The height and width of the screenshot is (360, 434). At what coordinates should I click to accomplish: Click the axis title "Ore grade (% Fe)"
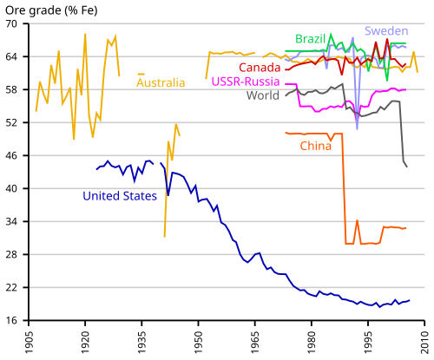coord(51,10)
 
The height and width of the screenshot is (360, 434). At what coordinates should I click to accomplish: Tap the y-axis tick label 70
coord(11,23)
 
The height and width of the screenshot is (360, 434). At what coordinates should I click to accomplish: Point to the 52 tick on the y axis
coord(11,122)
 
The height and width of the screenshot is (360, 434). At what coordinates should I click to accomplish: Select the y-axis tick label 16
coord(11,320)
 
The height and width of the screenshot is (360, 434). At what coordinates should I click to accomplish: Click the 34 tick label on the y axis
coord(11,221)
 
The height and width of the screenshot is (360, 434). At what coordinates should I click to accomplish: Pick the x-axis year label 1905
coord(30,343)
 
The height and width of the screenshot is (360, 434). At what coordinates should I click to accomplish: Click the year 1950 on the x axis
coord(199,343)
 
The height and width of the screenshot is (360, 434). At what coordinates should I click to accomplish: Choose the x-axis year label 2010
coord(424,343)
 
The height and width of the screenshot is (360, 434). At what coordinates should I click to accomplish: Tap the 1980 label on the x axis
coord(312,343)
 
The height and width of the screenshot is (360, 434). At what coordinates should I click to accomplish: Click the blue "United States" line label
coord(120,196)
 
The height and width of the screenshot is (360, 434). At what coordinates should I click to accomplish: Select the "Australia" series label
coord(161,82)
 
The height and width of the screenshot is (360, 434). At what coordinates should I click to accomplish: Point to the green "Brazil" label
coord(311,39)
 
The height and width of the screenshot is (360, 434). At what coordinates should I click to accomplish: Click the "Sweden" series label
coord(386,31)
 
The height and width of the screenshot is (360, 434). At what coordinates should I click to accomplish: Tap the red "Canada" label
coord(260,68)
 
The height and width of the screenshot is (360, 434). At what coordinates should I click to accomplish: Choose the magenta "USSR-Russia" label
coord(246,82)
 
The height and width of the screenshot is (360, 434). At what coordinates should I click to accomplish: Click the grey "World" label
coord(263,95)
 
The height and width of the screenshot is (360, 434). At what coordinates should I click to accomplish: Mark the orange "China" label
coord(316,146)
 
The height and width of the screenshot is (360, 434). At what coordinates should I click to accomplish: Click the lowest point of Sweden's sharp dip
coord(358,128)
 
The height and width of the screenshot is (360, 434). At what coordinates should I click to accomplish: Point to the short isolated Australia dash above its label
coord(141,75)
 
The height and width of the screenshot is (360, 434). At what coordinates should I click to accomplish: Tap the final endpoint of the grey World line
coord(407,167)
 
